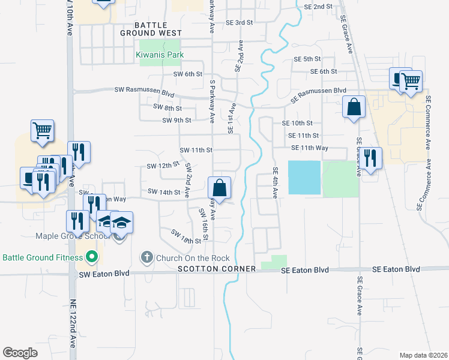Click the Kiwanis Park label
point(160,55)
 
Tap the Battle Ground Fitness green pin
point(92,258)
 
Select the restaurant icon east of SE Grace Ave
point(370,158)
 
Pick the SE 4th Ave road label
point(276,183)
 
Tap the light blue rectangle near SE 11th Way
point(305,178)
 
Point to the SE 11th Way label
point(310,148)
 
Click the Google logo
point(20,353)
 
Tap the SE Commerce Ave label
point(428,122)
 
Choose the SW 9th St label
point(176,120)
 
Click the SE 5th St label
point(307,59)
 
